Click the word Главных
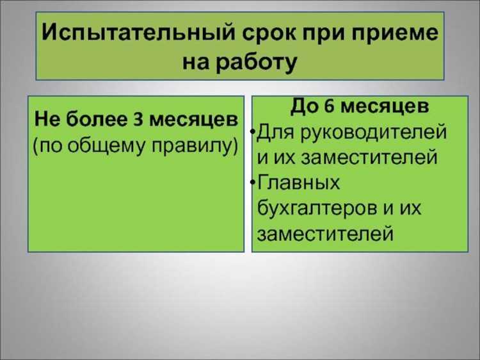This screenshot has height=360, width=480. [x=298, y=184]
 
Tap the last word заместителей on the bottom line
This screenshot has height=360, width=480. [x=324, y=234]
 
